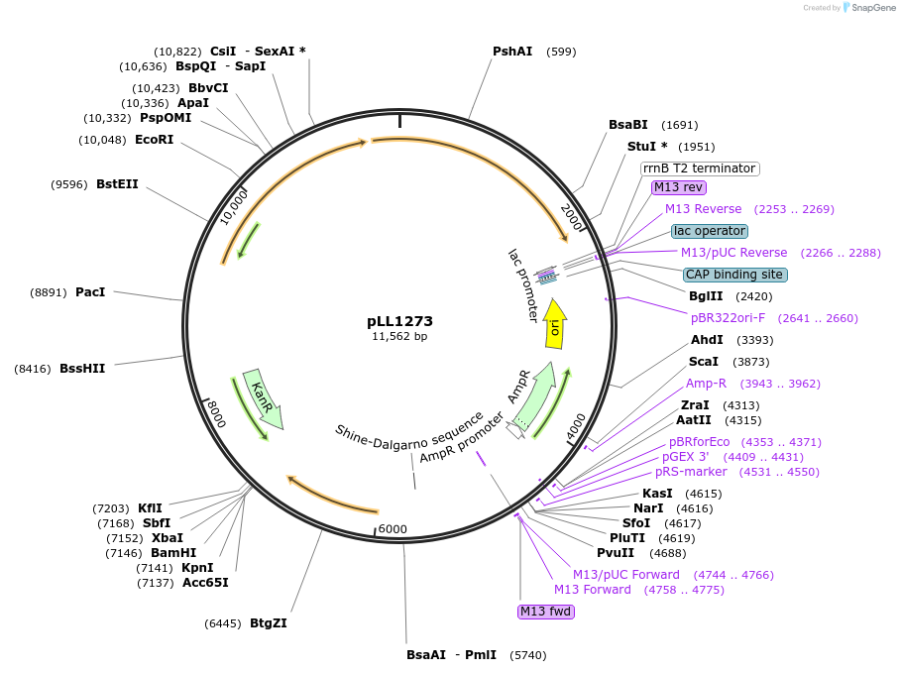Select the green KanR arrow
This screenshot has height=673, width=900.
[263, 400]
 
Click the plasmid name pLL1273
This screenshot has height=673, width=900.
[399, 321]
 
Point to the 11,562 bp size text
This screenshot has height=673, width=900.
[399, 337]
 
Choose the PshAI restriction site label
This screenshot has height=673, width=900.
[512, 52]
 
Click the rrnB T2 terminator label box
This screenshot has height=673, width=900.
[700, 168]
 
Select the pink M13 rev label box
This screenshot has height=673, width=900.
[679, 187]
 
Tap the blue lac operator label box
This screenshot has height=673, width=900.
[709, 231]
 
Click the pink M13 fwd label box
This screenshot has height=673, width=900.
[546, 612]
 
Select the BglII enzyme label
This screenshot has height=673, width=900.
[706, 296]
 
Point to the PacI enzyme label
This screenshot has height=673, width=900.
[90, 292]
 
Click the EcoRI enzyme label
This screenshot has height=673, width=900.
[154, 140]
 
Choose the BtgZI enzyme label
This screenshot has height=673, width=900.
[269, 623]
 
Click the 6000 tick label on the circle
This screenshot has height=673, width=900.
[393, 529]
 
